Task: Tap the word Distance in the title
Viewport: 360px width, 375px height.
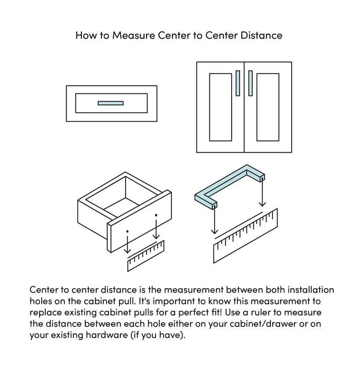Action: (x=261, y=36)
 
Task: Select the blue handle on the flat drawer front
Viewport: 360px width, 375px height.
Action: (x=111, y=103)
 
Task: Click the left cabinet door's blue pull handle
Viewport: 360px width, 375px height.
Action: (x=238, y=83)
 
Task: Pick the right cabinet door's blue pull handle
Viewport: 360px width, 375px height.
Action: (x=250, y=83)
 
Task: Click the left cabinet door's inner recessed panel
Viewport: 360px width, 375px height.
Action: (x=220, y=107)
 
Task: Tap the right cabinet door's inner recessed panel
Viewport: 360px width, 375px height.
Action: (x=268, y=107)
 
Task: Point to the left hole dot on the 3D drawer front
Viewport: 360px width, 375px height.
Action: (x=127, y=231)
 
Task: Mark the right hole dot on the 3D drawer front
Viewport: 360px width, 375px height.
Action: (x=156, y=215)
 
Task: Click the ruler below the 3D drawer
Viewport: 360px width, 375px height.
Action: (x=146, y=256)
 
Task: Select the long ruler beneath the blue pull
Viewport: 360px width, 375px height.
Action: (x=245, y=236)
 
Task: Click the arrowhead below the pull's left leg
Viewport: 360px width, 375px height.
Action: (x=215, y=231)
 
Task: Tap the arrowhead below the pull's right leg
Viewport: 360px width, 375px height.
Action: (x=263, y=204)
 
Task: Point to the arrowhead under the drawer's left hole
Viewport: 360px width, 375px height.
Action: (x=127, y=250)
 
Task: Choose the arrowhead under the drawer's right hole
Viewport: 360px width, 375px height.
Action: (x=156, y=236)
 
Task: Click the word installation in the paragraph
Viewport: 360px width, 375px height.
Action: (x=311, y=290)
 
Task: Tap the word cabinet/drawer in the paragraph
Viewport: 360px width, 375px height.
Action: (x=263, y=324)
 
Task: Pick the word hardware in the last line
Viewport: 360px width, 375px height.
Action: (x=107, y=335)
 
